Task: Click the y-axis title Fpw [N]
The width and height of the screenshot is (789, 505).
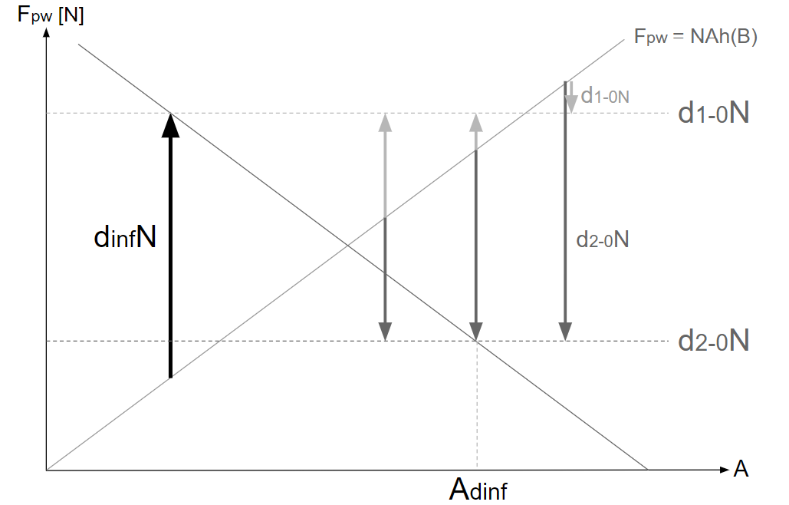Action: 51,15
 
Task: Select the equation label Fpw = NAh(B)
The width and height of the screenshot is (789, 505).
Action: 695,37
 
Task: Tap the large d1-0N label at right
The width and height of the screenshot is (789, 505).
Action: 713,114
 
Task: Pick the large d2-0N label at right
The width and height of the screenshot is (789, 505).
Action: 713,341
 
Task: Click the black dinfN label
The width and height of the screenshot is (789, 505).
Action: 125,237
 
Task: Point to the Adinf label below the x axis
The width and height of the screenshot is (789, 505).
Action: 478,488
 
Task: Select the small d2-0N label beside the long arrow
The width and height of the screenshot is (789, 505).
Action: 603,239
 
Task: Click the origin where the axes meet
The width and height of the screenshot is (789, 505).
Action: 48,470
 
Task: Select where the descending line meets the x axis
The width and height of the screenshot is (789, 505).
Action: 648,470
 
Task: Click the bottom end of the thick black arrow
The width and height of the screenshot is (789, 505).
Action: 170,377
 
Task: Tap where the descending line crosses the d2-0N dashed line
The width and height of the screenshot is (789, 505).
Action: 477,341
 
